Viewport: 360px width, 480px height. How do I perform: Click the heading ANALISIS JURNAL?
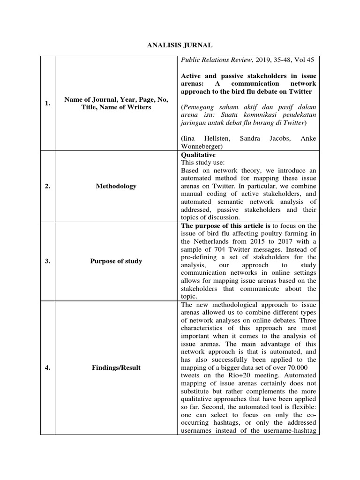pyautogui.click(x=180, y=45)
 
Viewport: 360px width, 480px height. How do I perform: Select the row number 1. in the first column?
pyautogui.click(x=48, y=104)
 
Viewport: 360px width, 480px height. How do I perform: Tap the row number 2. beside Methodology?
pyautogui.click(x=48, y=186)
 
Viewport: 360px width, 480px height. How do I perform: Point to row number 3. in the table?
pyautogui.click(x=48, y=261)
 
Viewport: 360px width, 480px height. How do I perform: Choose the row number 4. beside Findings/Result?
pyautogui.click(x=48, y=367)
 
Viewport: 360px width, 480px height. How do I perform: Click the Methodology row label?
pyautogui.click(x=116, y=186)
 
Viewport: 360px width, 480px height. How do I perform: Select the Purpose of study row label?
pyautogui.click(x=116, y=261)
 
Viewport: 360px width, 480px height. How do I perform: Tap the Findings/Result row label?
pyautogui.click(x=116, y=367)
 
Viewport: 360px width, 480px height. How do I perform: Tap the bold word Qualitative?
pyautogui.click(x=198, y=155)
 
